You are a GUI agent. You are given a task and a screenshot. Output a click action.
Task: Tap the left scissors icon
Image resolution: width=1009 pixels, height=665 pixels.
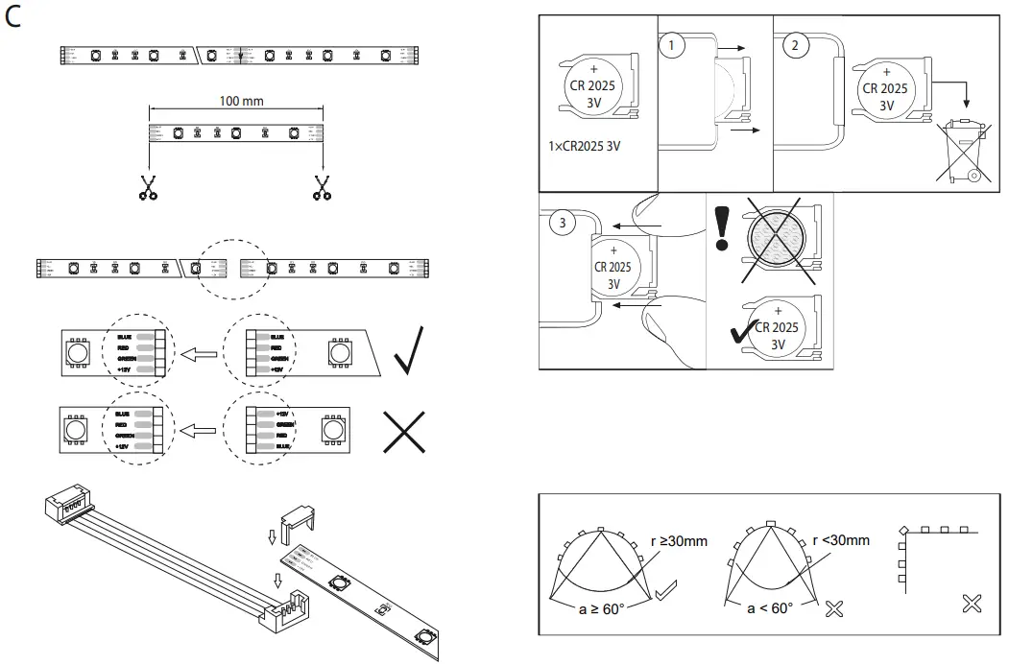click(x=147, y=187)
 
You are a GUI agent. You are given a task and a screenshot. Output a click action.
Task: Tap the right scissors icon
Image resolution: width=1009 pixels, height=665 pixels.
click(x=322, y=187)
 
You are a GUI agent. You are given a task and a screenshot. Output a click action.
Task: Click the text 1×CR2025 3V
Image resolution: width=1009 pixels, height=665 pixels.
click(x=586, y=145)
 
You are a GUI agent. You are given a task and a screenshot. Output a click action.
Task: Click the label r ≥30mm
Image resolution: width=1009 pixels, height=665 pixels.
click(x=679, y=541)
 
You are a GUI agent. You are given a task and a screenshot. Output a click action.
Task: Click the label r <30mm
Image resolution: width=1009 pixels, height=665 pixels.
click(x=841, y=539)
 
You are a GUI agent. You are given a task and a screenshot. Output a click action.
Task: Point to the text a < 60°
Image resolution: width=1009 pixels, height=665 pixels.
click(x=771, y=609)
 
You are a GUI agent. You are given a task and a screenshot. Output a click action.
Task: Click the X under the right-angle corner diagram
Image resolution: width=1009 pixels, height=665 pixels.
click(x=972, y=604)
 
